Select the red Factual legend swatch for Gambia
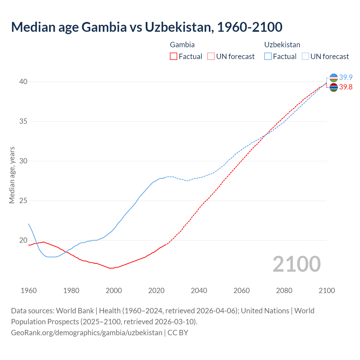pyautogui.click(x=174, y=57)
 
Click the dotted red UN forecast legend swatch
pyautogui.click(x=211, y=57)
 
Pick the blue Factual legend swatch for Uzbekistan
pyautogui.click(x=268, y=57)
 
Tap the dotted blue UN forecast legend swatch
pyautogui.click(x=305, y=57)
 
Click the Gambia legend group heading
pyautogui.click(x=182, y=45)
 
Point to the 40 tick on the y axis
pyautogui.click(x=23, y=82)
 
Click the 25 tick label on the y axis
pyautogui.click(x=23, y=201)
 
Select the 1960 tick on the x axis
pyautogui.click(x=29, y=291)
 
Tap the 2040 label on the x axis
pyautogui.click(x=199, y=291)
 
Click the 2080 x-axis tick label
pyautogui.click(x=284, y=291)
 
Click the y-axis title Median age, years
pyautogui.click(x=12, y=175)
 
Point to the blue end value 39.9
pyautogui.click(x=346, y=77)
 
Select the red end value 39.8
pyautogui.click(x=346, y=87)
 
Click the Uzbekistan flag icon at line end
pyautogui.click(x=334, y=78)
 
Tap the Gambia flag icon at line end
pyautogui.click(x=334, y=87)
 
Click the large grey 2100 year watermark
pyautogui.click(x=296, y=264)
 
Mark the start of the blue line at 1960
pyautogui.click(x=29, y=224)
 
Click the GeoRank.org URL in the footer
pyautogui.click(x=87, y=333)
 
